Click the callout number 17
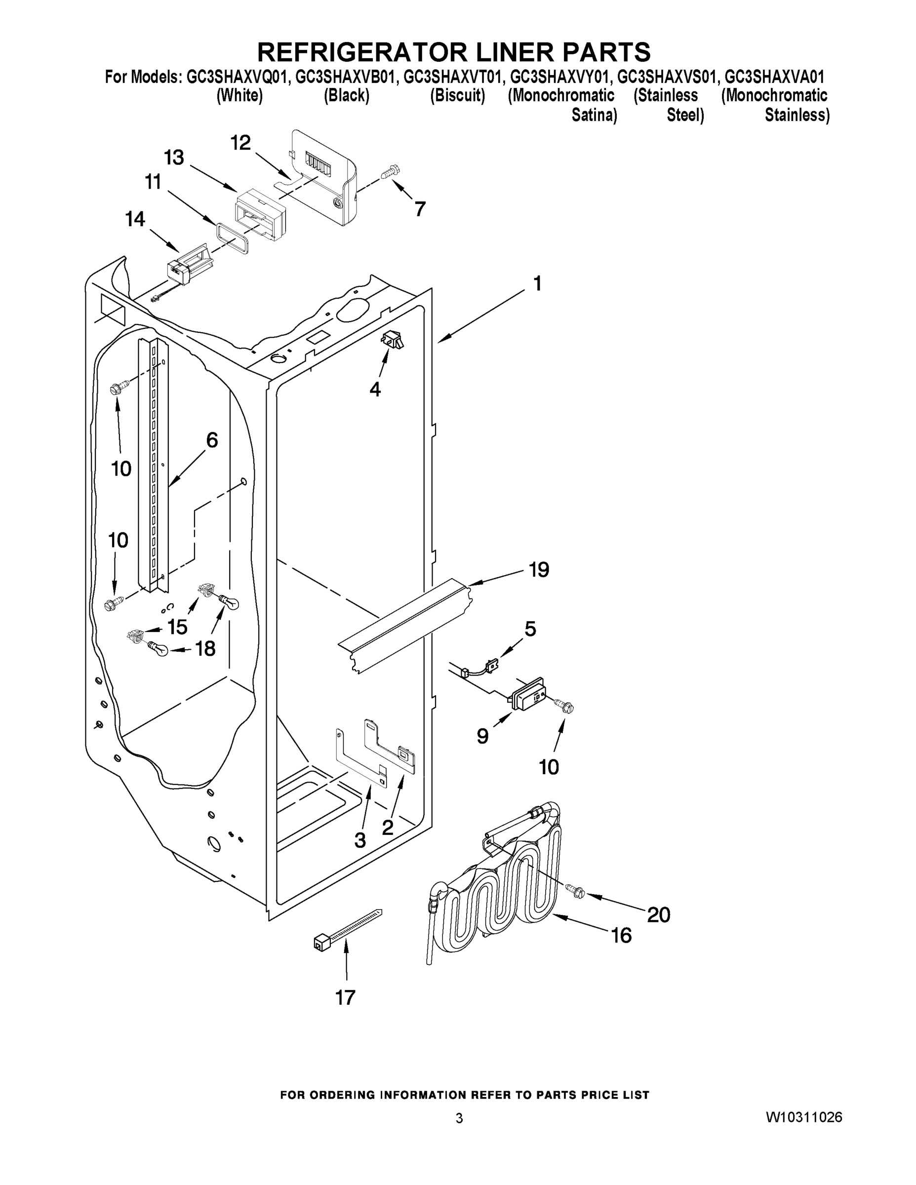(345, 997)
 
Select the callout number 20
(658, 915)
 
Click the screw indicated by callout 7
(390, 172)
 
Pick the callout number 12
(240, 143)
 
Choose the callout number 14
(135, 219)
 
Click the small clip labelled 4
(393, 341)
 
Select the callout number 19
(539, 570)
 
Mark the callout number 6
(212, 440)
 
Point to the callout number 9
(482, 736)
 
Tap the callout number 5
(530, 629)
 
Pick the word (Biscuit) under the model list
(457, 96)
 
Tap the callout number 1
(537, 283)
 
